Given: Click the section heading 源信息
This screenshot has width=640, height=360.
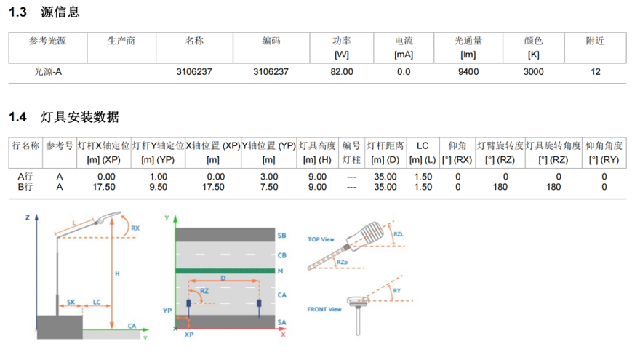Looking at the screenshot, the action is [x=60, y=12].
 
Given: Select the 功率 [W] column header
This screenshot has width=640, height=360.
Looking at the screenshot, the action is [x=342, y=48].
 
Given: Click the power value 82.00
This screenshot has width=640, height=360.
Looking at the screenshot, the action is [x=342, y=72].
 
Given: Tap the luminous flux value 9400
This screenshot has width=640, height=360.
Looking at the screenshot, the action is [x=468, y=72].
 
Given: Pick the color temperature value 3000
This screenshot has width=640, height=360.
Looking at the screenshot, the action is [x=534, y=72].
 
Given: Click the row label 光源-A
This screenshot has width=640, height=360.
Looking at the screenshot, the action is [x=48, y=72].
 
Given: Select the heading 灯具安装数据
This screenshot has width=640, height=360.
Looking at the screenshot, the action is [x=80, y=117].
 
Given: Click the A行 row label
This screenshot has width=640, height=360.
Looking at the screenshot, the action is [x=25, y=176].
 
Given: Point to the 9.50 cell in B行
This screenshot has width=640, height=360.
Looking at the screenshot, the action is [x=158, y=187].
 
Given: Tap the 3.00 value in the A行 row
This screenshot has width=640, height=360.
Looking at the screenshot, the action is [x=269, y=177].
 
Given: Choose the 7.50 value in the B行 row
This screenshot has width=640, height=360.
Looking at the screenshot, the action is [x=269, y=187].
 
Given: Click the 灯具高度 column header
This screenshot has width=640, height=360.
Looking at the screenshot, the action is [x=317, y=145].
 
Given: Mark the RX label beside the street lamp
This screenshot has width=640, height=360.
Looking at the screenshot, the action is [x=135, y=228].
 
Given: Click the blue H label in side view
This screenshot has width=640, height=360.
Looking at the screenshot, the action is [x=117, y=273].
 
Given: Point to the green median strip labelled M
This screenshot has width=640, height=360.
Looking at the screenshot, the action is [x=225, y=271].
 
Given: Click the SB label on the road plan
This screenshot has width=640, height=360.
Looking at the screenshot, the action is [x=281, y=236].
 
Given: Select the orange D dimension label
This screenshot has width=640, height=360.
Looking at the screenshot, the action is [x=223, y=278].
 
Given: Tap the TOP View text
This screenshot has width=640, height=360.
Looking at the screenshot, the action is [x=321, y=239].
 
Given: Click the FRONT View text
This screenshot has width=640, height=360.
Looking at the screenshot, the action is [x=324, y=309].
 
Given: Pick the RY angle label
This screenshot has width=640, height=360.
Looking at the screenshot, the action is [x=397, y=291].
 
